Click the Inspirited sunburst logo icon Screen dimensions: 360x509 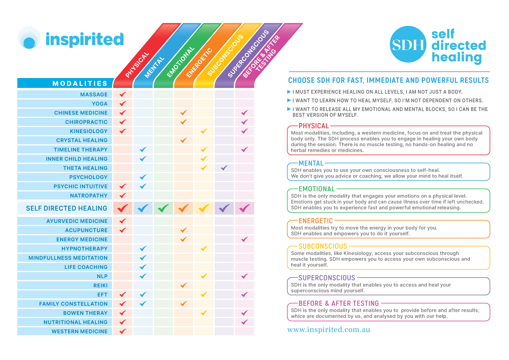pyautogui.click(x=29, y=38)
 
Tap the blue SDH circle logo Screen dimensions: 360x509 pyautogui.click(x=408, y=44)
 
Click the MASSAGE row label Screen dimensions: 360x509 pyautogui.click(x=94, y=95)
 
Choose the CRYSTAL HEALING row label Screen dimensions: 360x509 pyautogui.click(x=82, y=140)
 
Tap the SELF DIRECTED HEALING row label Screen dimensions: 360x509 pyautogui.click(x=66, y=208)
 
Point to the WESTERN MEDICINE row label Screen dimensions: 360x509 pyautogui.click(x=80, y=331)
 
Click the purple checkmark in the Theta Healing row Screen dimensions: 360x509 pyautogui.click(x=224, y=168)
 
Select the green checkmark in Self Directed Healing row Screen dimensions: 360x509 pyautogui.click(x=163, y=208)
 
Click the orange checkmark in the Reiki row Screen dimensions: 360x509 pyautogui.click(x=184, y=285)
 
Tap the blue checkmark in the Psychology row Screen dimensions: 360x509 pyautogui.click(x=143, y=177)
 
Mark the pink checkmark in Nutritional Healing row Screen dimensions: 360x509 pyautogui.click(x=245, y=322)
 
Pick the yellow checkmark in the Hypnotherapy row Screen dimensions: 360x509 pyautogui.click(x=204, y=249)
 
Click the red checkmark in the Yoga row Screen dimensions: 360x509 pyautogui.click(x=123, y=104)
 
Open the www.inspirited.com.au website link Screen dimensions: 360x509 pyautogui.click(x=329, y=330)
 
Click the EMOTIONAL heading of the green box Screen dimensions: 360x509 pyautogui.click(x=317, y=189)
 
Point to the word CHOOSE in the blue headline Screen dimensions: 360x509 pyautogui.click(x=300, y=80)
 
